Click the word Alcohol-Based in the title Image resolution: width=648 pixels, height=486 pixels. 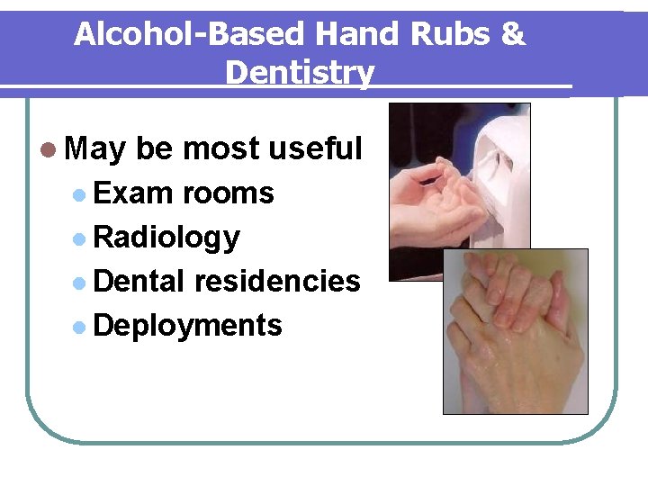coord(190,34)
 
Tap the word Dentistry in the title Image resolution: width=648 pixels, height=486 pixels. coord(300,72)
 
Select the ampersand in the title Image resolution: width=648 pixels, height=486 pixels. coord(512,34)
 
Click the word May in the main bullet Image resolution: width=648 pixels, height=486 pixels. coord(95,149)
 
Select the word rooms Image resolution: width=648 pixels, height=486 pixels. coord(228,193)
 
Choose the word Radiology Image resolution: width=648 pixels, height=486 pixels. coord(166,238)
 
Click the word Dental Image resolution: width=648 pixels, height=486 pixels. coord(139,281)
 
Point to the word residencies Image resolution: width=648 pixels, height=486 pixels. coord(277,281)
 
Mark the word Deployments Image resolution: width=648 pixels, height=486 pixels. coord(187,325)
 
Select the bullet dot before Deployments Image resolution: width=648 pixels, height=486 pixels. coord(80,326)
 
